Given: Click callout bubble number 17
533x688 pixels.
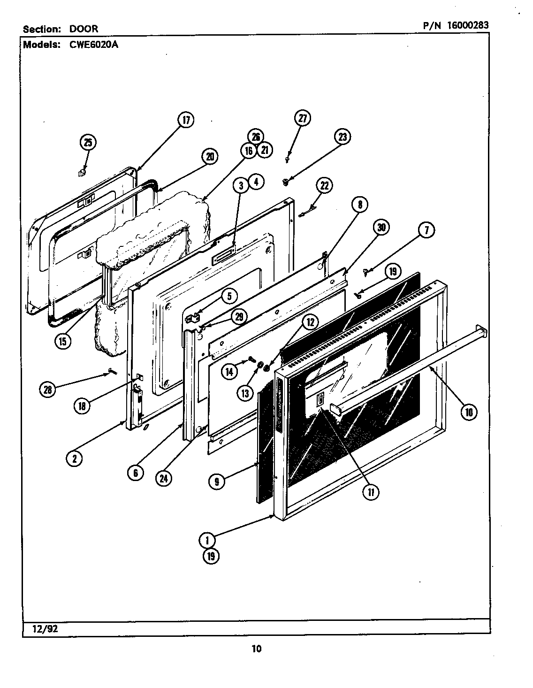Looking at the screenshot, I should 186,120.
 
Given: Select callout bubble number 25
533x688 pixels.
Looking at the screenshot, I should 88,142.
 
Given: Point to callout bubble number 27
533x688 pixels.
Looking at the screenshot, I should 302,118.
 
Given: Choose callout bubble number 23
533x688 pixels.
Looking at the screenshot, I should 342,137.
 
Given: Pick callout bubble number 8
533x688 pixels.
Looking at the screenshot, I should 360,204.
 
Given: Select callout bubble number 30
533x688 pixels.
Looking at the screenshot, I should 381,228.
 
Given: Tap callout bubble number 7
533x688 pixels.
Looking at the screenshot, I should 426,230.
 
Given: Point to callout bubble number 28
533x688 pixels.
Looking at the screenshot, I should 48,389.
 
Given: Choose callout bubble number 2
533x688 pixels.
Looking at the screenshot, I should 74,459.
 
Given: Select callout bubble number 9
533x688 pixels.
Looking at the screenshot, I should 217,481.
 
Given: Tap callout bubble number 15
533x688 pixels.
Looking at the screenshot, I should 62,341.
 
